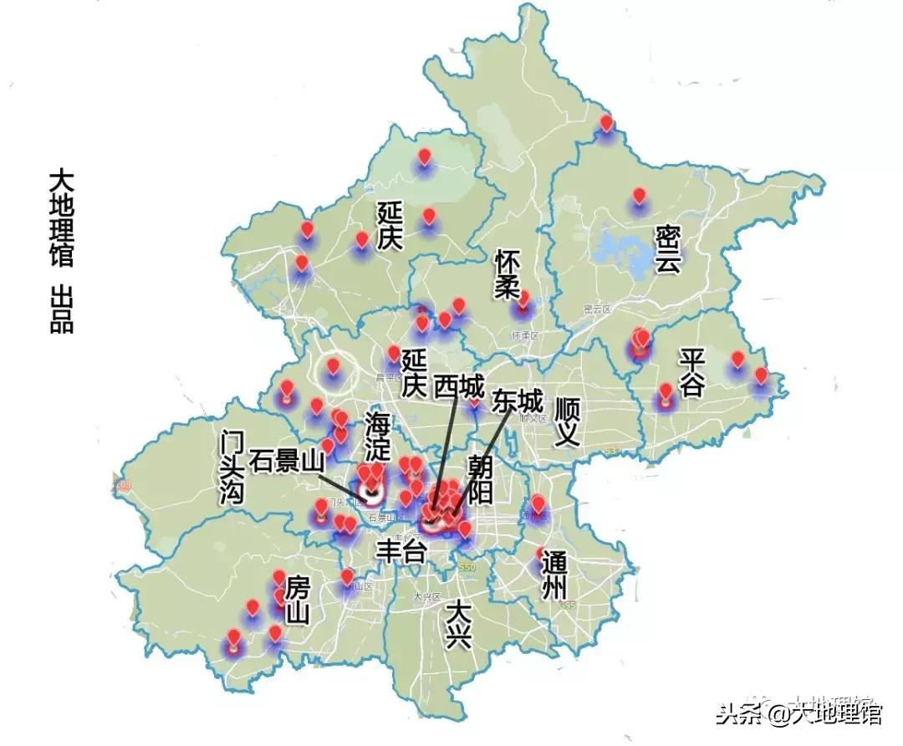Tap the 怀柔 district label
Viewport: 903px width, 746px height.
coord(507,273)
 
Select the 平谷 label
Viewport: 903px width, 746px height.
coord(692,373)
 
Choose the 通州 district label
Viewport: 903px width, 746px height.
coord(554,575)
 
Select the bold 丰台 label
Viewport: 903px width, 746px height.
coord(401,551)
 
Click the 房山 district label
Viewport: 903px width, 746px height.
coord(297,600)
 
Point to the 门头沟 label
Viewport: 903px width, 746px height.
coord(232,468)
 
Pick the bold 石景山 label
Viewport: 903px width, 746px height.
coord(286,461)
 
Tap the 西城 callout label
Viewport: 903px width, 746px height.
coord(458,387)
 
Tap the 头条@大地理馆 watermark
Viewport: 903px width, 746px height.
coord(798,713)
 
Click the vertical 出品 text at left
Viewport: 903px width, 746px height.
coord(61,309)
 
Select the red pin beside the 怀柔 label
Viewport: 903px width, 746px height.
coord(524,299)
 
